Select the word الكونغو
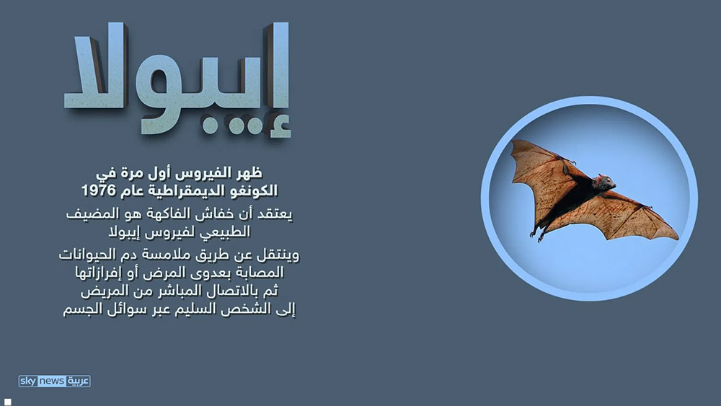point(253,190)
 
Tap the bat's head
point(605,182)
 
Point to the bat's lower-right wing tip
point(676,237)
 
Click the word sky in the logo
point(28,381)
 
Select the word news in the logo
point(51,381)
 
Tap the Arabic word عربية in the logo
point(78,381)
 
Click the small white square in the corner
point(8,402)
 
